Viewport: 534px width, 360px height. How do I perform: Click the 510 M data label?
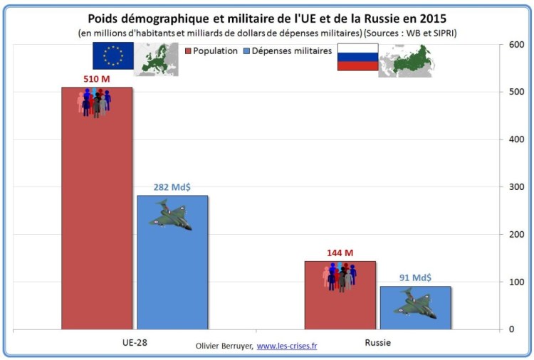96,78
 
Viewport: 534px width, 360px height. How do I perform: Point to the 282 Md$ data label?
172,187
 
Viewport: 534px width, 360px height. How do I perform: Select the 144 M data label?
340,253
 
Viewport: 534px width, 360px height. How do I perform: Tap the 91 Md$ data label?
415,277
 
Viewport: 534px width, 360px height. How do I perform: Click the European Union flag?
112,57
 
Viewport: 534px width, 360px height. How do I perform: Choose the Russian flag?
357,57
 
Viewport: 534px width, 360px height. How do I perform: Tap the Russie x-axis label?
377,342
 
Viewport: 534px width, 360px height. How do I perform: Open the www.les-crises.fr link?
287,346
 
